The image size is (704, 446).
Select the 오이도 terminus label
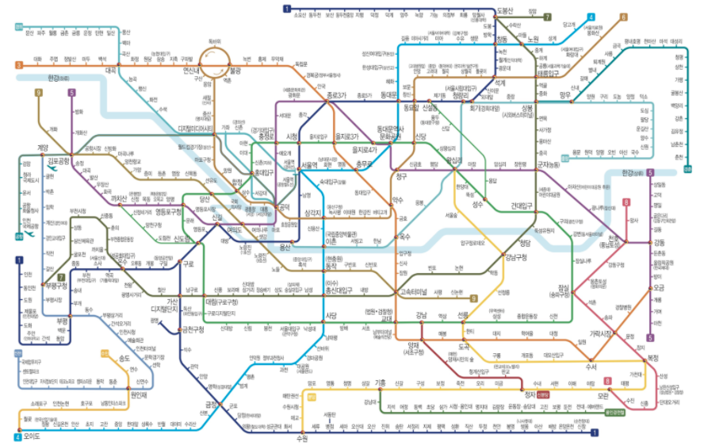click(x=33, y=436)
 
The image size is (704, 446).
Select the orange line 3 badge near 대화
click(x=18, y=64)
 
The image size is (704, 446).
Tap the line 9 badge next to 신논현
click(x=473, y=298)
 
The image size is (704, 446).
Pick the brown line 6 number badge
click(x=623, y=17)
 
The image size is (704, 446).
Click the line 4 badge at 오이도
click(x=17, y=436)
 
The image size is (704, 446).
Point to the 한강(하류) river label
click(x=59, y=78)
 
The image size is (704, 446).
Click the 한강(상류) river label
click(x=632, y=173)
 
